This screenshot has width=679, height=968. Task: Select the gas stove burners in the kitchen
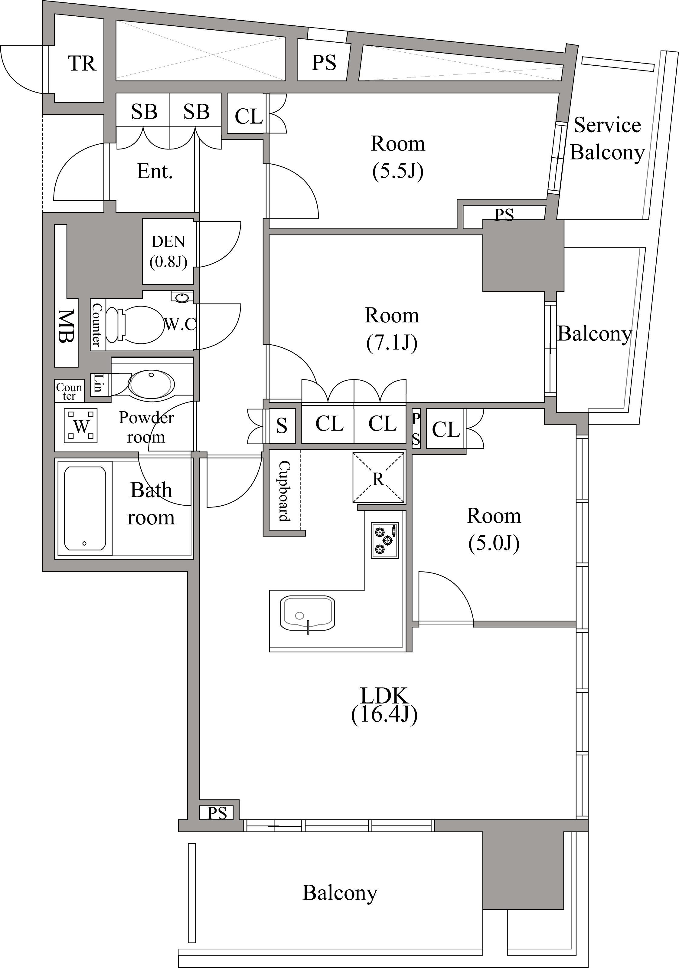coord(384,540)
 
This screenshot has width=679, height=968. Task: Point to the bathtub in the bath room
coord(85,508)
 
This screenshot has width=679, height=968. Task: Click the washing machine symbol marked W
coord(80,426)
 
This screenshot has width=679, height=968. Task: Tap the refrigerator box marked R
coord(378,477)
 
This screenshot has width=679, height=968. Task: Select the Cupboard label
coord(285,491)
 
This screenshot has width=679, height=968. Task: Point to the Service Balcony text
coord(607,139)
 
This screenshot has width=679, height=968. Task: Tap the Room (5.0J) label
coord(494,530)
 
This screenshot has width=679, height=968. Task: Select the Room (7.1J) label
coord(392,329)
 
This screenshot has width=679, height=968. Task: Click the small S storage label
coord(282,426)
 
